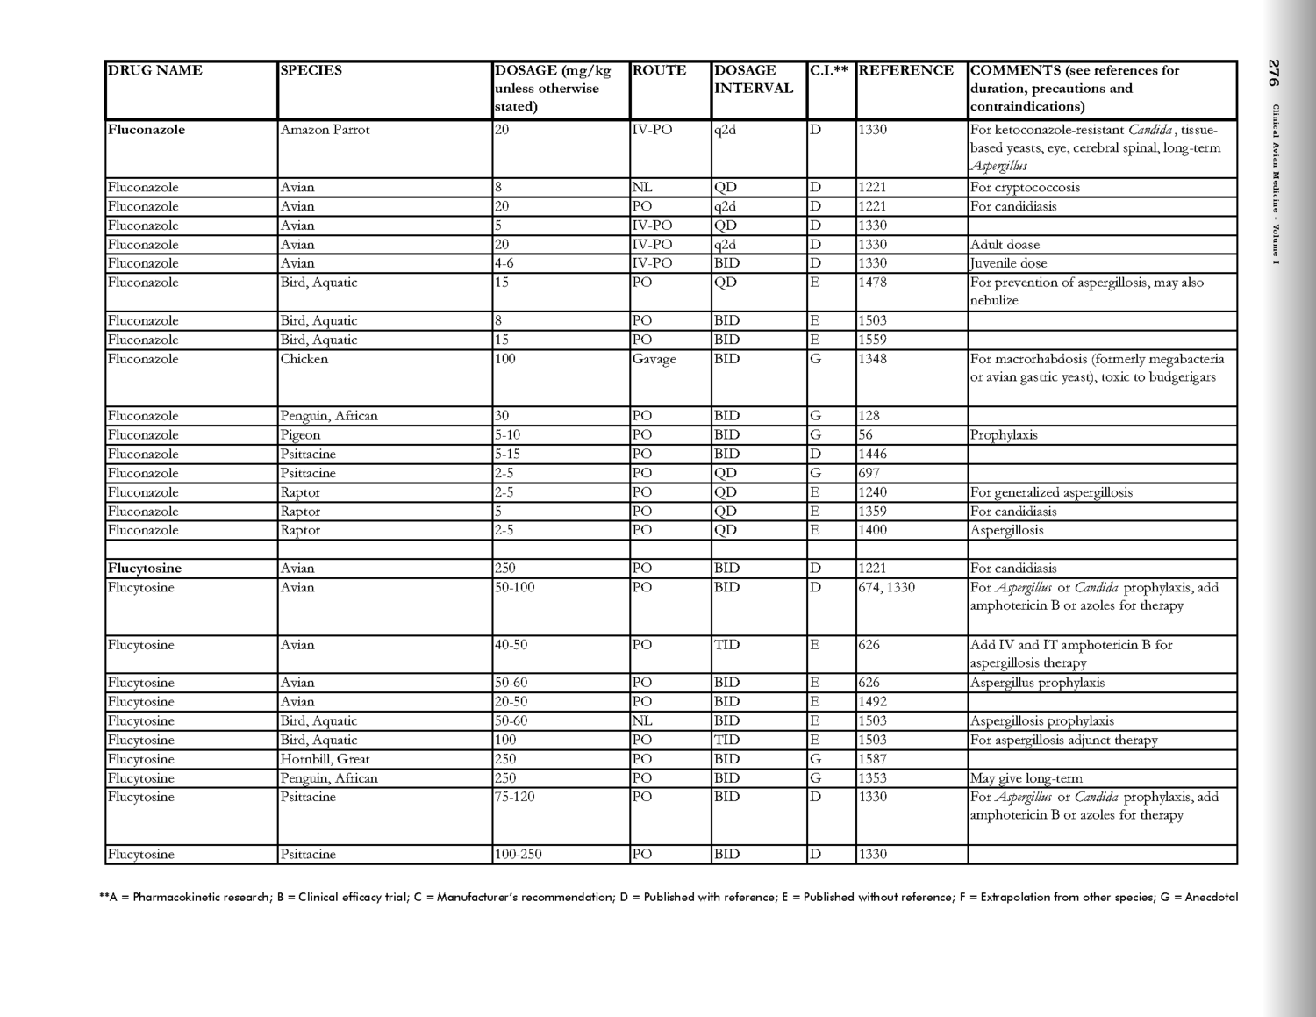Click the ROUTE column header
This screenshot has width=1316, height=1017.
pyautogui.click(x=659, y=71)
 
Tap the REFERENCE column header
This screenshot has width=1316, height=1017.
pyautogui.click(x=905, y=71)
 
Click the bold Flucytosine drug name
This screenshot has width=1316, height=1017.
pyautogui.click(x=145, y=569)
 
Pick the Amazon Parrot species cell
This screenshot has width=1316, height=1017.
pyautogui.click(x=325, y=130)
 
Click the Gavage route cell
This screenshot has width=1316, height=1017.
pyautogui.click(x=654, y=359)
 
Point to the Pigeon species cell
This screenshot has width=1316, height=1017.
pyautogui.click(x=301, y=435)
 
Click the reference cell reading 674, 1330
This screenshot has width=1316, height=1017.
pyautogui.click(x=887, y=588)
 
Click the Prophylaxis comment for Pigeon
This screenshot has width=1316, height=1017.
pyautogui.click(x=1004, y=435)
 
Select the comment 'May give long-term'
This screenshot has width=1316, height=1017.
pyautogui.click(x=1026, y=778)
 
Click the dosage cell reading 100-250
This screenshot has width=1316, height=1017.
pyautogui.click(x=519, y=855)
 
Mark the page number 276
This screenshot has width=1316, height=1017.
pyautogui.click(x=1274, y=73)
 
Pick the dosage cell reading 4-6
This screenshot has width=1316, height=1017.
pyautogui.click(x=504, y=263)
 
